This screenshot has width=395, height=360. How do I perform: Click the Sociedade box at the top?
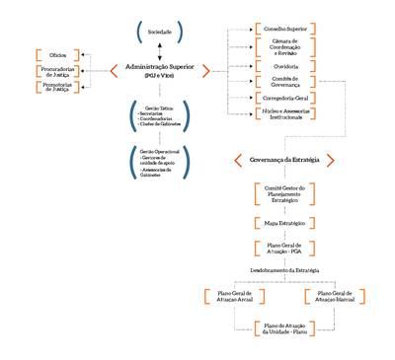[159, 33]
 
